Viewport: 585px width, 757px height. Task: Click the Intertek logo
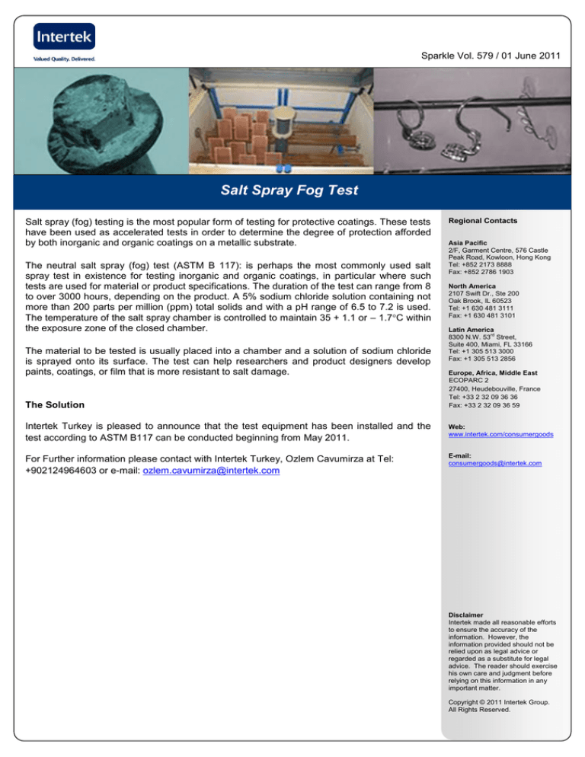pyautogui.click(x=65, y=36)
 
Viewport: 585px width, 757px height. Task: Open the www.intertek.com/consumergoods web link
pyautogui.click(x=500, y=433)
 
